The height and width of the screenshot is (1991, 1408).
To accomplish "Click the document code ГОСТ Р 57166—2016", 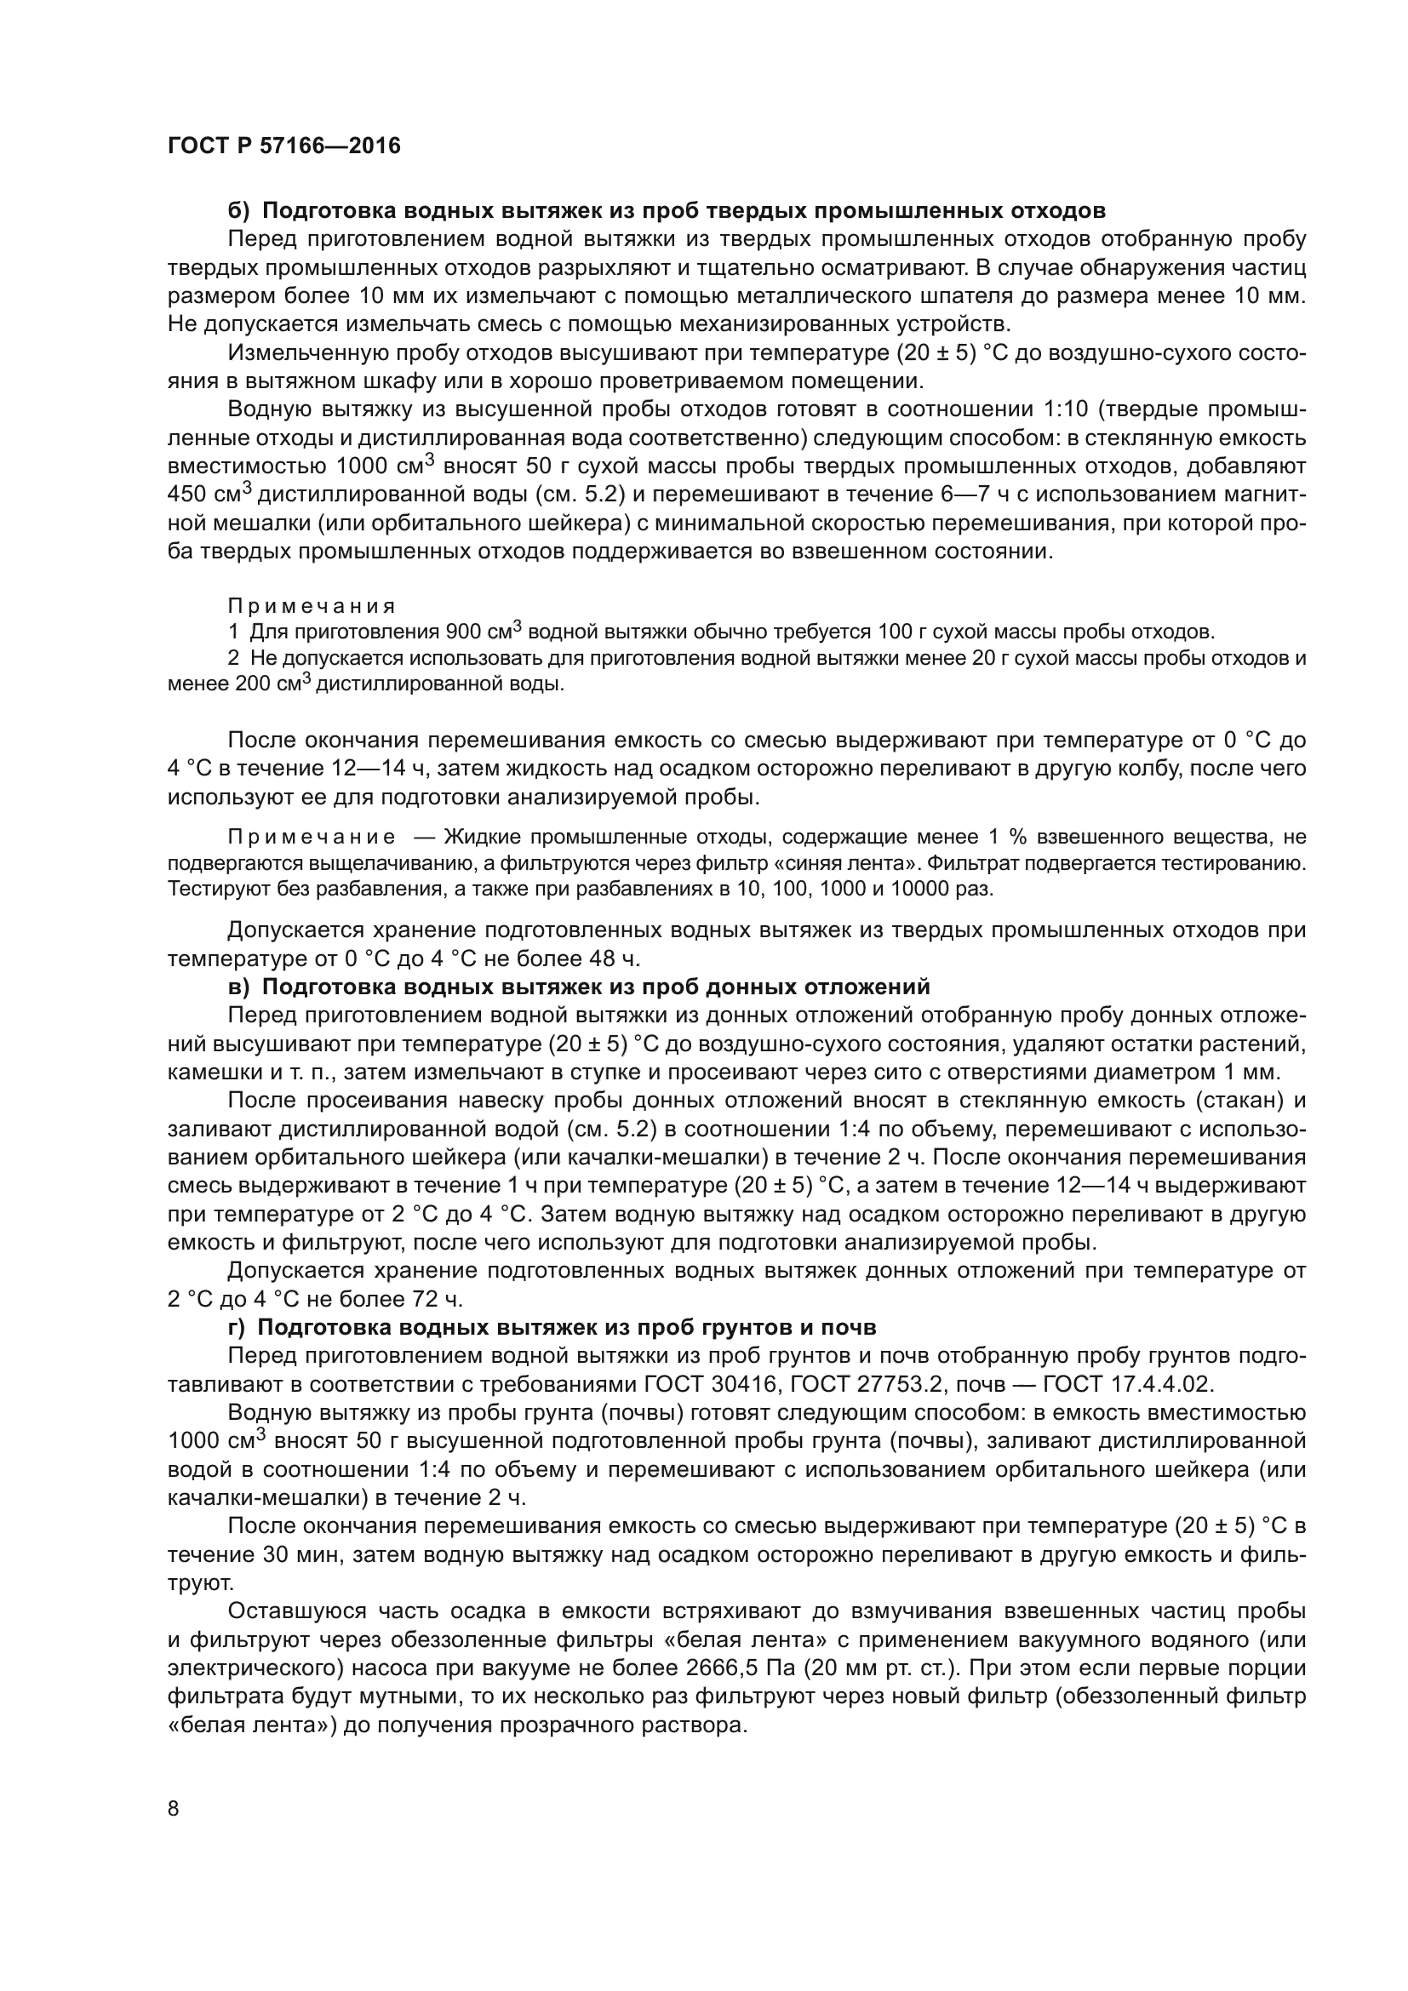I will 283,146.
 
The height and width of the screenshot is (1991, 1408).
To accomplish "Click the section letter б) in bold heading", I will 238,211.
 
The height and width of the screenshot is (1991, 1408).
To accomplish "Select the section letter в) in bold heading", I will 238,987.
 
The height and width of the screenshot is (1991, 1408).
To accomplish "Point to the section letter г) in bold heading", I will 237,1328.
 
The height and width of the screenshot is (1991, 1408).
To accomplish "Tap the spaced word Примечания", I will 312,605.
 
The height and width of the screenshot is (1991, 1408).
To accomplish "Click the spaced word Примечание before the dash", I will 312,837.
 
